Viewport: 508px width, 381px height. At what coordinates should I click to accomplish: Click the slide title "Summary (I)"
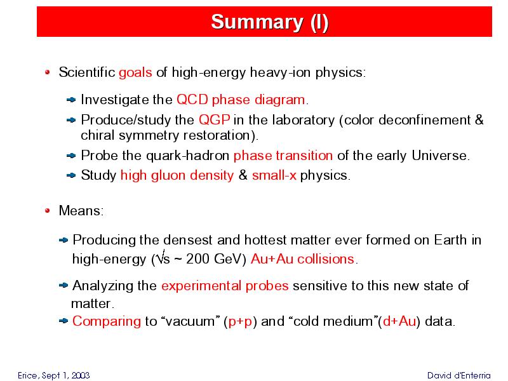pos(270,22)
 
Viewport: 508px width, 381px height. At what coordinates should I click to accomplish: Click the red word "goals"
pos(135,72)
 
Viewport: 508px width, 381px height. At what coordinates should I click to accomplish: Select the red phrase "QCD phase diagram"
pos(241,100)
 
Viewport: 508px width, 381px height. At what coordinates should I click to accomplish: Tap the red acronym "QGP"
pos(215,120)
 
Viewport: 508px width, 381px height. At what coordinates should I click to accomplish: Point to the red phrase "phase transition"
pos(283,156)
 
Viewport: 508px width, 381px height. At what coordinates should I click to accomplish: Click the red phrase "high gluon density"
pos(177,176)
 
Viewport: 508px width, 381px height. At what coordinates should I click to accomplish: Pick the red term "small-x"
pos(274,175)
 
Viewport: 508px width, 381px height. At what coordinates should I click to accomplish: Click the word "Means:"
pos(81,211)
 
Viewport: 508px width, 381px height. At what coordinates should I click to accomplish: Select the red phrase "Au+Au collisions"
pos(303,259)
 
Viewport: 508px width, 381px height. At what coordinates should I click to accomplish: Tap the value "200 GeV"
pos(216,259)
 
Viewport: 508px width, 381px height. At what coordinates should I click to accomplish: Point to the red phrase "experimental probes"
pos(225,286)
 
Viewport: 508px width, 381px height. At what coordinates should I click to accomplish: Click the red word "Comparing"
pos(107,322)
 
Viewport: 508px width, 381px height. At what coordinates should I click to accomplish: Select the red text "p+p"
pos(240,322)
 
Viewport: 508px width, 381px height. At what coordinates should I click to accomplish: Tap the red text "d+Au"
pos(399,321)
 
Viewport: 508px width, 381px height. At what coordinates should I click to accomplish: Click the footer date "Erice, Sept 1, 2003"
pos(54,375)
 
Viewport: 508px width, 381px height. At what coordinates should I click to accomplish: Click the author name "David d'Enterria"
pos(458,375)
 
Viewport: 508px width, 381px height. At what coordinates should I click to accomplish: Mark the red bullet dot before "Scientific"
pos(47,72)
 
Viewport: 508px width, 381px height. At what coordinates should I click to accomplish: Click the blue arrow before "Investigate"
pos(71,100)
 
